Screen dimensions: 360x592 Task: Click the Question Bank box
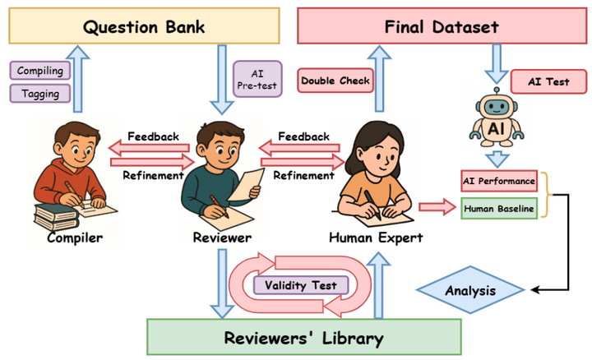point(143,26)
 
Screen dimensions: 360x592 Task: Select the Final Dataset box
point(441,26)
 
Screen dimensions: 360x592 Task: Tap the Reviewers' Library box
point(304,337)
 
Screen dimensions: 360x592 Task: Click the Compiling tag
point(40,72)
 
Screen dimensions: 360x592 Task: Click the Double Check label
point(335,81)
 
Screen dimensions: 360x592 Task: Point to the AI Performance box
point(499,180)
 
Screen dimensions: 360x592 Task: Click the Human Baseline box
point(499,209)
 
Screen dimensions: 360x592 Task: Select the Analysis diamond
point(470,290)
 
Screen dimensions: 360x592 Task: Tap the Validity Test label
point(301,285)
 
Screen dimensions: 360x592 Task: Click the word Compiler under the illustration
point(75,238)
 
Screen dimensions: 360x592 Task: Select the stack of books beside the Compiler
point(56,215)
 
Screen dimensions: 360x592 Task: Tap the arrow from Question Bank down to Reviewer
point(222,78)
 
